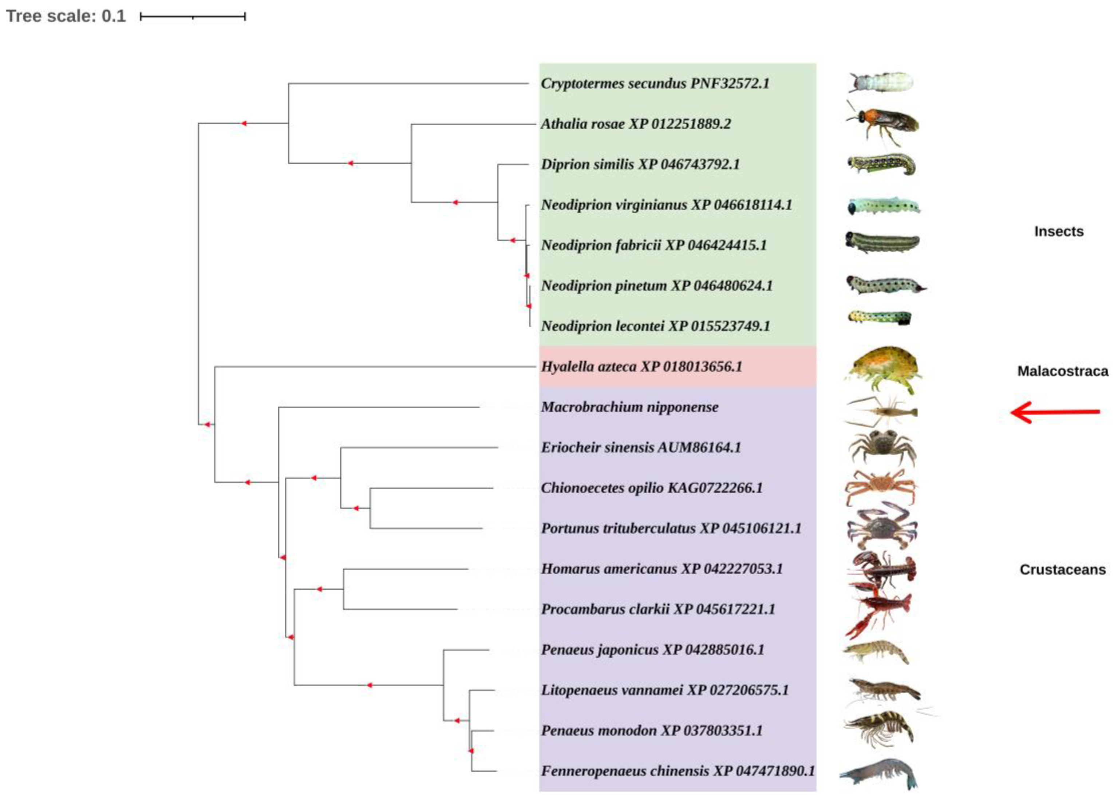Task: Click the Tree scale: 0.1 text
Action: click(x=66, y=16)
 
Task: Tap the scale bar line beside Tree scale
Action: click(x=193, y=17)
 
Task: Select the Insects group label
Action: click(x=1059, y=231)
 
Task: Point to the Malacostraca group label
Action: click(x=1062, y=371)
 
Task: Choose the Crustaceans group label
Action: click(x=1062, y=569)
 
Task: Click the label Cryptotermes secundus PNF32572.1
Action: click(x=655, y=83)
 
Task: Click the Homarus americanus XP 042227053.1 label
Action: click(x=661, y=569)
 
